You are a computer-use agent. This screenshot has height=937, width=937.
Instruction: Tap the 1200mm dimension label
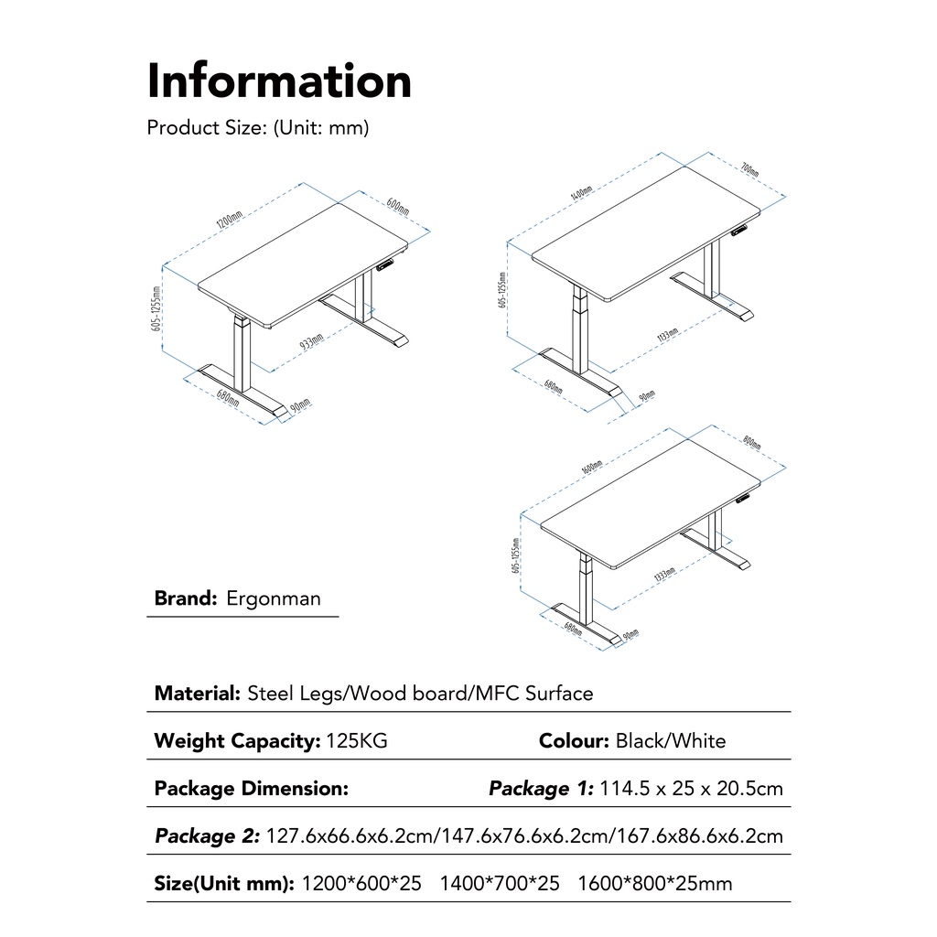[x=229, y=221]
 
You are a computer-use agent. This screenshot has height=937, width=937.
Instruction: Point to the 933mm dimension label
[x=311, y=342]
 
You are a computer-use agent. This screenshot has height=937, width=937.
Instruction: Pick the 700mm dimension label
[x=749, y=171]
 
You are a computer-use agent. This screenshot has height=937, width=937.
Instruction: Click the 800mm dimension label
[x=752, y=443]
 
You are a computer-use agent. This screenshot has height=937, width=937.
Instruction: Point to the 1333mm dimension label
[x=665, y=577]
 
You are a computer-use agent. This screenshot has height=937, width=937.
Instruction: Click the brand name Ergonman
[x=274, y=599]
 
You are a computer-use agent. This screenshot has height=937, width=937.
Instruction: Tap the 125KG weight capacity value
[x=357, y=741]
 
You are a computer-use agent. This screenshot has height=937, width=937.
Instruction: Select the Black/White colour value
[x=671, y=741]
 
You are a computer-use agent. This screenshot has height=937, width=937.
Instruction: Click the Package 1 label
[x=541, y=789]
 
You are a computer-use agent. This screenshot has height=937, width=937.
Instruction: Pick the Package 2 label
[x=207, y=836]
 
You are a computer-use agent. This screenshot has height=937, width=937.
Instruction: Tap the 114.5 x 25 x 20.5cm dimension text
[x=692, y=789]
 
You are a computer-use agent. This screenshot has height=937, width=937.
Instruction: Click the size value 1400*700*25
[x=500, y=884]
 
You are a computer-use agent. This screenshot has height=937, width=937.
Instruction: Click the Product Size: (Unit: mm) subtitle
[x=258, y=128]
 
